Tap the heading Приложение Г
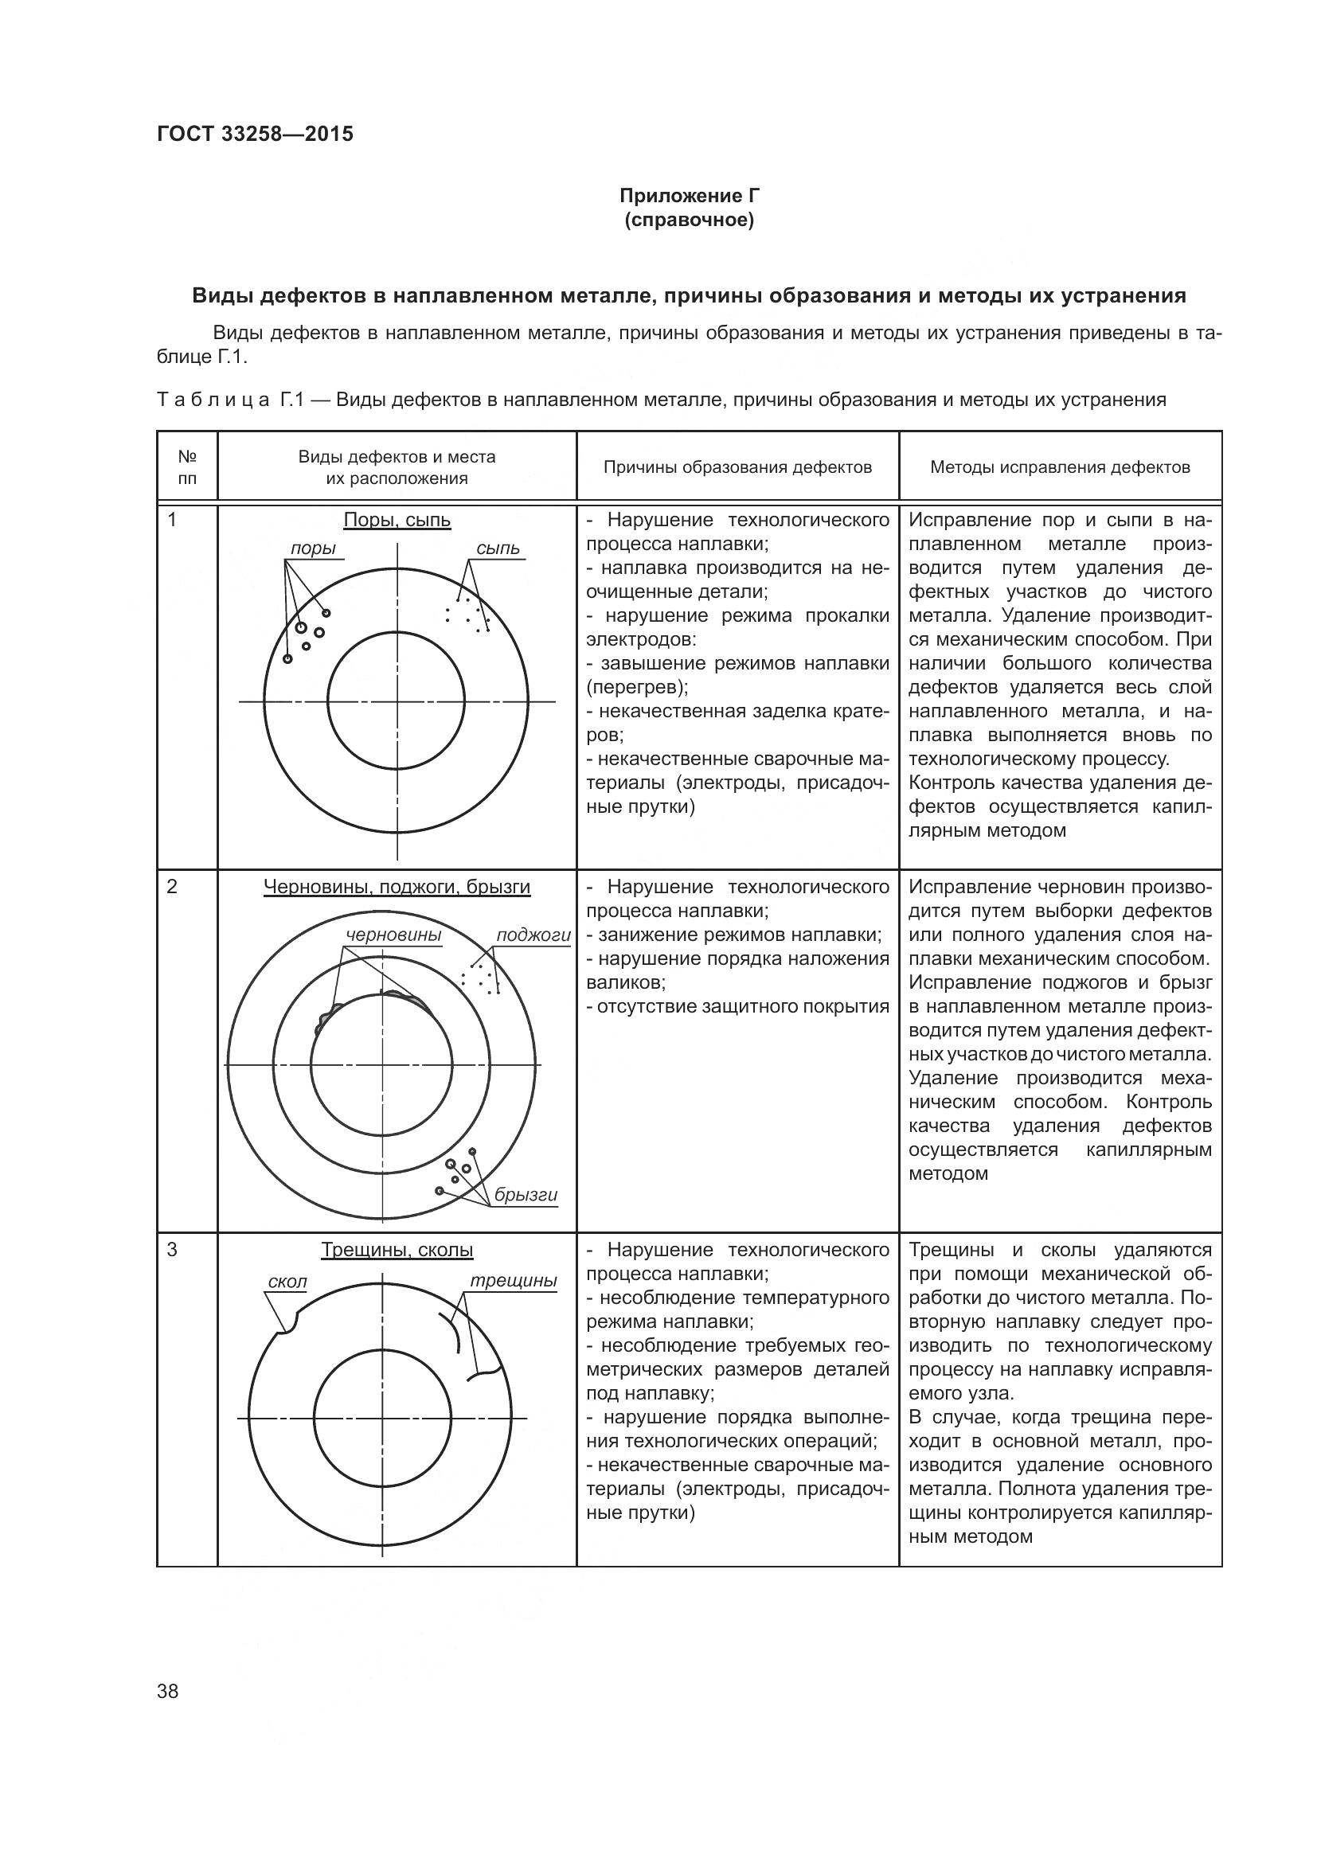click(x=689, y=196)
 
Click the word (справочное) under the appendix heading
click(x=689, y=221)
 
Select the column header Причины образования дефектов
click(x=737, y=467)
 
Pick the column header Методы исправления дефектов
click(x=1059, y=467)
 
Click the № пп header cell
click(x=187, y=467)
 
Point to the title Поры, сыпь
click(x=397, y=520)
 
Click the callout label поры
click(x=313, y=549)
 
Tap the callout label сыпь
click(x=497, y=549)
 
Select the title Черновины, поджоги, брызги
click(x=397, y=887)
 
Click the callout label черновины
click(x=393, y=935)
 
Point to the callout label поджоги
click(x=533, y=935)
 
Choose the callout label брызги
click(x=526, y=1195)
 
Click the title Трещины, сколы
click(x=397, y=1250)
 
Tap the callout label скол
click(x=287, y=1282)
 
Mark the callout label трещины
click(x=514, y=1281)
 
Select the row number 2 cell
click(x=172, y=887)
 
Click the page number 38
click(x=168, y=1692)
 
